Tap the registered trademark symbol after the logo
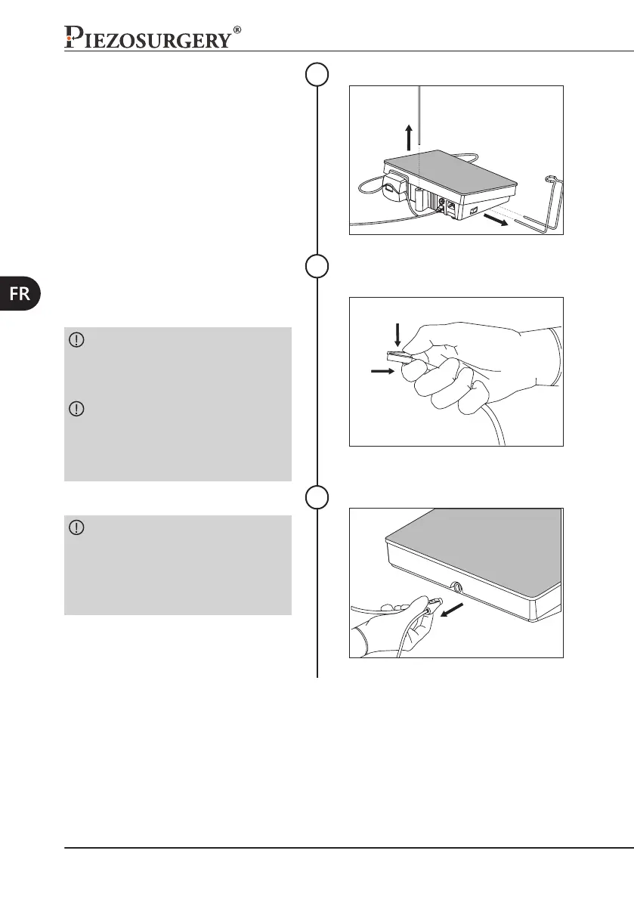point(237,30)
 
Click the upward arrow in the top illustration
point(409,137)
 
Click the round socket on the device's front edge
point(457,586)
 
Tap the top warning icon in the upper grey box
point(76,340)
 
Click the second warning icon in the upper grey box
point(76,409)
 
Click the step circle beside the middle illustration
point(317,267)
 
